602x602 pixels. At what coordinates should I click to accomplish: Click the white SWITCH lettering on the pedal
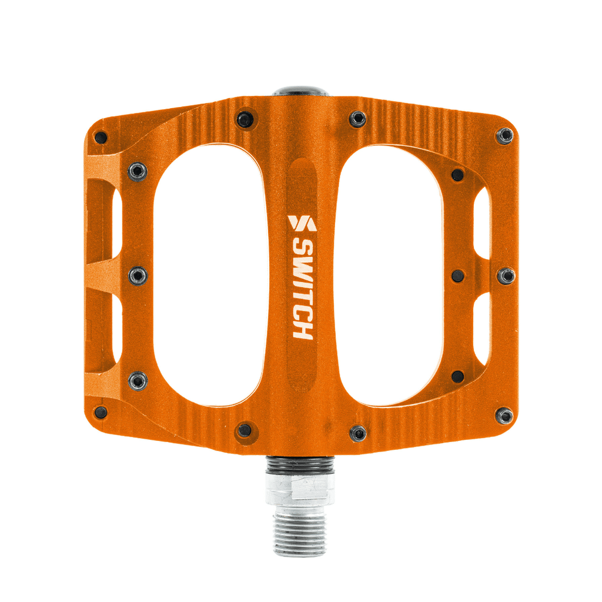tap(302, 288)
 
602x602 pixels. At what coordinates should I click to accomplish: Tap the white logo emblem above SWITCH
tap(302, 223)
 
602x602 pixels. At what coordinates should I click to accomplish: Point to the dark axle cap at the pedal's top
tap(300, 91)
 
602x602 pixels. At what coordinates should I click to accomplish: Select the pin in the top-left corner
tap(101, 138)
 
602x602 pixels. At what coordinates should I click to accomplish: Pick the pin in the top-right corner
tap(504, 136)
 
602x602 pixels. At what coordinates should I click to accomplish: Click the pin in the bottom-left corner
tap(101, 412)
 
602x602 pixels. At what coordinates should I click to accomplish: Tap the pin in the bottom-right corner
tap(504, 416)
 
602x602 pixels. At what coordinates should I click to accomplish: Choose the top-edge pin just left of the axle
tap(245, 120)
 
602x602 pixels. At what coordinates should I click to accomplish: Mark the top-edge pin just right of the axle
tap(357, 119)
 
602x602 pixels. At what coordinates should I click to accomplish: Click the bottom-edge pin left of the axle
tap(245, 430)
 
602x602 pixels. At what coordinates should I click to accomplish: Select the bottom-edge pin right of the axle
tap(357, 434)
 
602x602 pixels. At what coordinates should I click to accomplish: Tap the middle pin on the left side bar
tap(138, 275)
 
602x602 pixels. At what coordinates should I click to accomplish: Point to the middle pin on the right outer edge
tap(506, 275)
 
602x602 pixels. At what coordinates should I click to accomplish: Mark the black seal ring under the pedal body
tap(299, 465)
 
